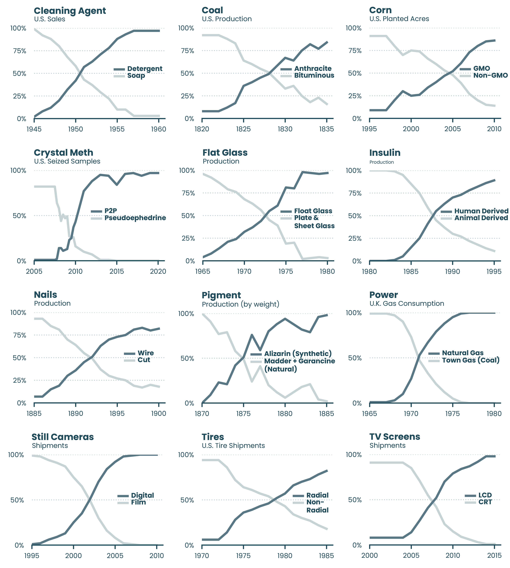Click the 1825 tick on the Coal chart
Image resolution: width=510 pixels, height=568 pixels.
coord(243,129)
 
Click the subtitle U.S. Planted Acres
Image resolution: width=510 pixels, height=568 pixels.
coord(399,19)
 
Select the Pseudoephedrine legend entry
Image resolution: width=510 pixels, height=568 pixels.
coord(135,218)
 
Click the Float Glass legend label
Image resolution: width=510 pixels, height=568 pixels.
coord(313,211)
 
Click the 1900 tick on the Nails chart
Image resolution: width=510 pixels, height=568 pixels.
coord(159,413)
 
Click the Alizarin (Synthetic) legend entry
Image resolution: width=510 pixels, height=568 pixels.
coord(298,354)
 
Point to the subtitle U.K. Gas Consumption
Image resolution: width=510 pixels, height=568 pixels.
coord(407,303)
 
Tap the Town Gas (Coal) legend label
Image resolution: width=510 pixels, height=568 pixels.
coord(470,360)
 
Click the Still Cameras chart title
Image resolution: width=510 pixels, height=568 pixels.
coord(63,437)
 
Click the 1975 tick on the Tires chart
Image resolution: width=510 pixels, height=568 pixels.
coord(243,556)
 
